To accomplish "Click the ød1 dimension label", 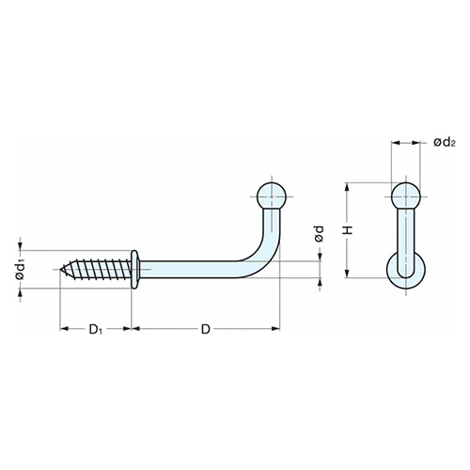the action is point(21,270).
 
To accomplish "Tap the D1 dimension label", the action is point(96,329).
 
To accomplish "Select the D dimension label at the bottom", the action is point(205,329).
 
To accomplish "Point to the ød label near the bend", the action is point(319,234).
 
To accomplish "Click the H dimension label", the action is point(348,230).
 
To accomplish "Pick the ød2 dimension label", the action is point(444,143).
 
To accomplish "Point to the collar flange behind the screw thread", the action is point(134,269).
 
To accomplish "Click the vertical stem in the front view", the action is point(406,242).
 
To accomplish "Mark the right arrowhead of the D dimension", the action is point(275,328).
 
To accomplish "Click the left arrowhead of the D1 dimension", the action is point(64,328).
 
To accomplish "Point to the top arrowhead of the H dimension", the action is point(347,187).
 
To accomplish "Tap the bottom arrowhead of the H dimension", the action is point(347,274).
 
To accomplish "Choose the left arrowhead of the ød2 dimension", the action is point(396,143).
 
